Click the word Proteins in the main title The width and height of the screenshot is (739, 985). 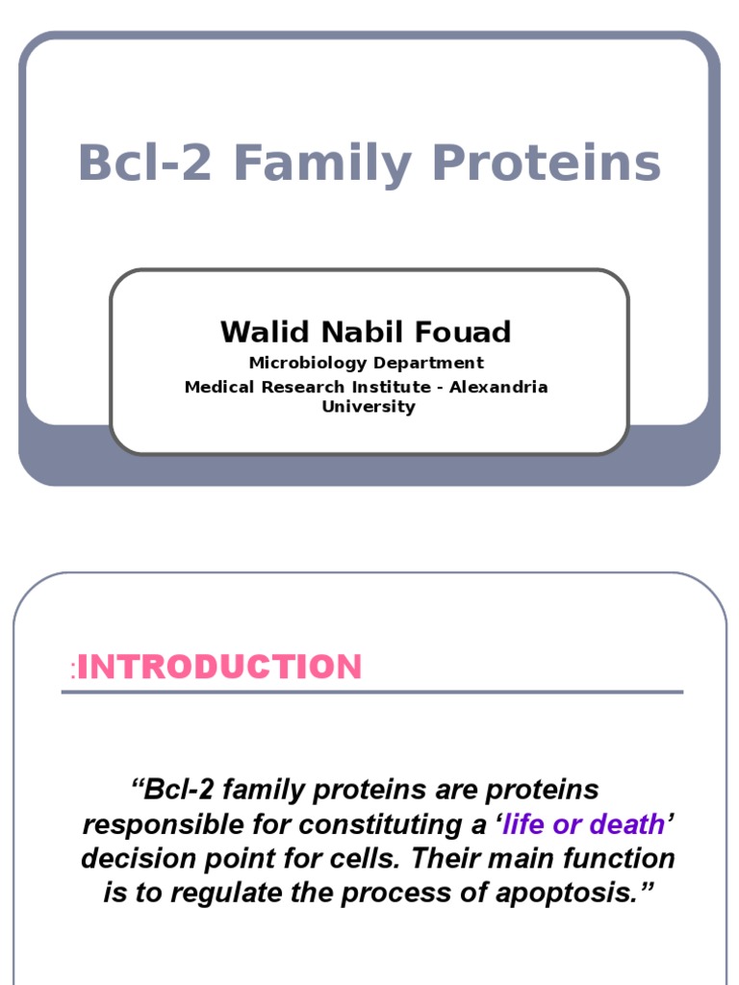[x=547, y=163]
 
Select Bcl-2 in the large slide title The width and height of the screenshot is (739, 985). [x=145, y=162]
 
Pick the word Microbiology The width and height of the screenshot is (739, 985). [x=307, y=363]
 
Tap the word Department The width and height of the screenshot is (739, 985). [x=428, y=364]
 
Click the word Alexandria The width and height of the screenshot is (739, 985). [x=498, y=387]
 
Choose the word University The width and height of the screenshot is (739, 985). [x=369, y=407]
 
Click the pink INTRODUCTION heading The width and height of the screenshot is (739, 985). [x=219, y=667]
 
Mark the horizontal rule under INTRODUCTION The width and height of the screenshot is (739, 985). [x=372, y=693]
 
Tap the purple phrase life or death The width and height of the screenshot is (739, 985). [x=583, y=824]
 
